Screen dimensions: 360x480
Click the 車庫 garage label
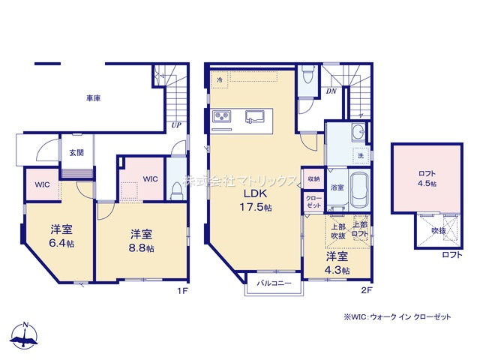click(x=93, y=97)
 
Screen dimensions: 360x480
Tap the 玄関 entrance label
click(x=76, y=152)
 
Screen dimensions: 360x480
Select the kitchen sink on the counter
click(x=256, y=116)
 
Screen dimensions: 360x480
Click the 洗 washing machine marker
click(x=360, y=155)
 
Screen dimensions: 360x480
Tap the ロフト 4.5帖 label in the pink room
click(x=427, y=178)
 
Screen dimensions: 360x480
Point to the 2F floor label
click(x=367, y=289)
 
